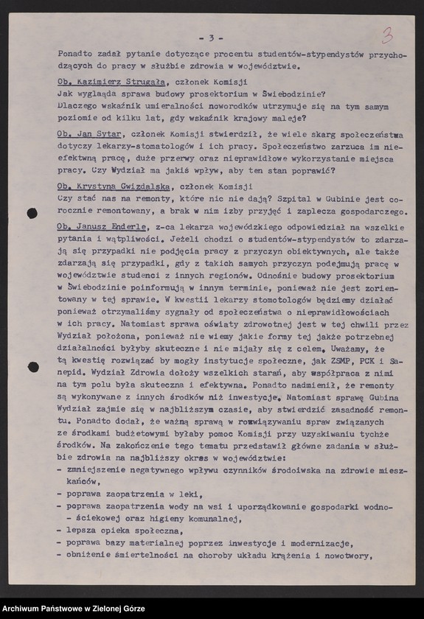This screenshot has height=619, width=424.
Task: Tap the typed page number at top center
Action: coord(212,38)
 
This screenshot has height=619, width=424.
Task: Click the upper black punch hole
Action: coord(32,214)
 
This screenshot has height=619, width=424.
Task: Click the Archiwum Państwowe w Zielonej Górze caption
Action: coord(73,609)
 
